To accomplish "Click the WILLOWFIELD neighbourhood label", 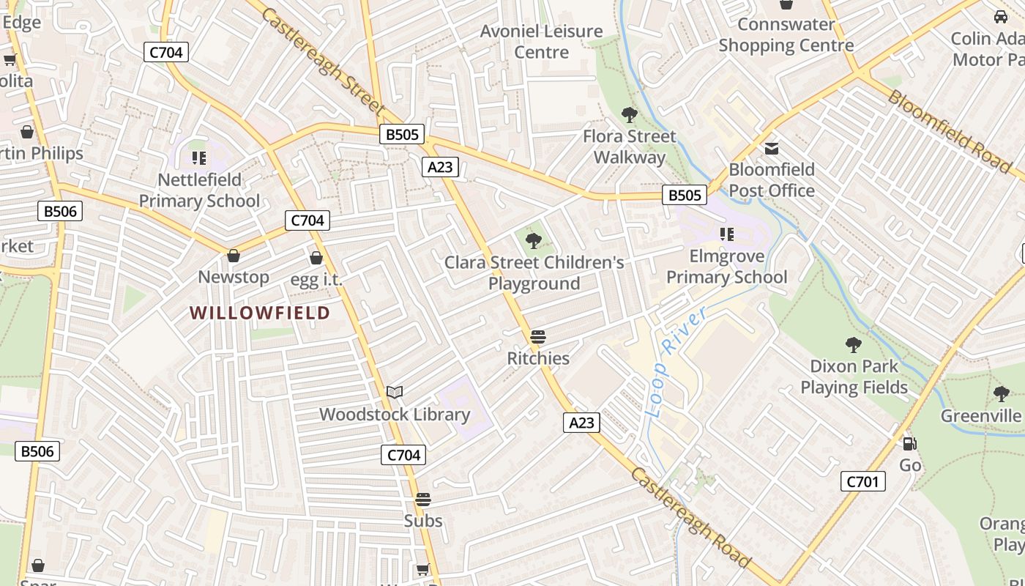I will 260,313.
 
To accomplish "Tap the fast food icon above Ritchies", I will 538,337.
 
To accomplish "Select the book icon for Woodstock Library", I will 395,393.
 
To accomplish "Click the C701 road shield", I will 863,481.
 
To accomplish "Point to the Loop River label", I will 678,361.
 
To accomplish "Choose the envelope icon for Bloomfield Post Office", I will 772,149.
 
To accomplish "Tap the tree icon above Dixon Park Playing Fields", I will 853,344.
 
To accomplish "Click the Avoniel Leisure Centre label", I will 541,42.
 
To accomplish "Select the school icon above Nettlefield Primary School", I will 198,157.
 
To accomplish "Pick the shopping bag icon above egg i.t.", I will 316,258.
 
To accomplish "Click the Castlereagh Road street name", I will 690,517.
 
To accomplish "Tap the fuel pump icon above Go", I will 910,443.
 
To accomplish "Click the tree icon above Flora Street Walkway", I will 629,115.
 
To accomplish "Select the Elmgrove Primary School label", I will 726,267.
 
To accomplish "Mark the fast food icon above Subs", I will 423,500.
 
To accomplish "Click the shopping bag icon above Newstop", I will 234,256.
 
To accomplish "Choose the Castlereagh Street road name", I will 321,61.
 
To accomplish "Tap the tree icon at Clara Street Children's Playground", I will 534,240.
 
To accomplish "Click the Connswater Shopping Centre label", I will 786,34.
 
